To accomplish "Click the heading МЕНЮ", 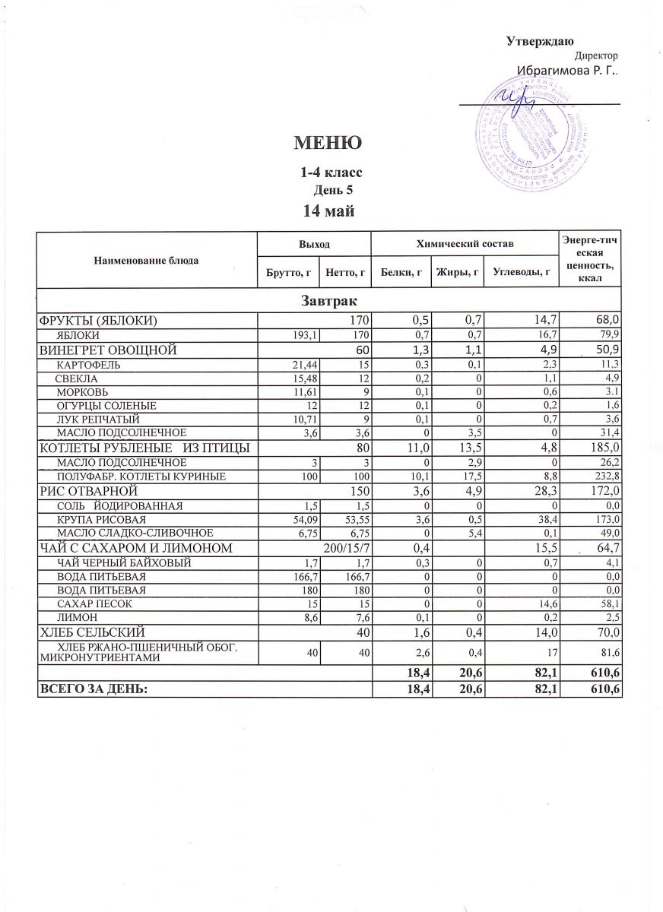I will coord(327,143).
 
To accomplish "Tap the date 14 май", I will coord(327,211).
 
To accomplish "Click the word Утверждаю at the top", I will coord(540,40).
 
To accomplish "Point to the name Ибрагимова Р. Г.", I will coord(567,71).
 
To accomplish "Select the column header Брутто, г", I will coord(287,271).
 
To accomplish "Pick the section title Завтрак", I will coord(328,302).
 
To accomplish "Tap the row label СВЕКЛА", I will coord(75,378).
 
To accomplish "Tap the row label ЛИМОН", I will coord(72,617).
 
